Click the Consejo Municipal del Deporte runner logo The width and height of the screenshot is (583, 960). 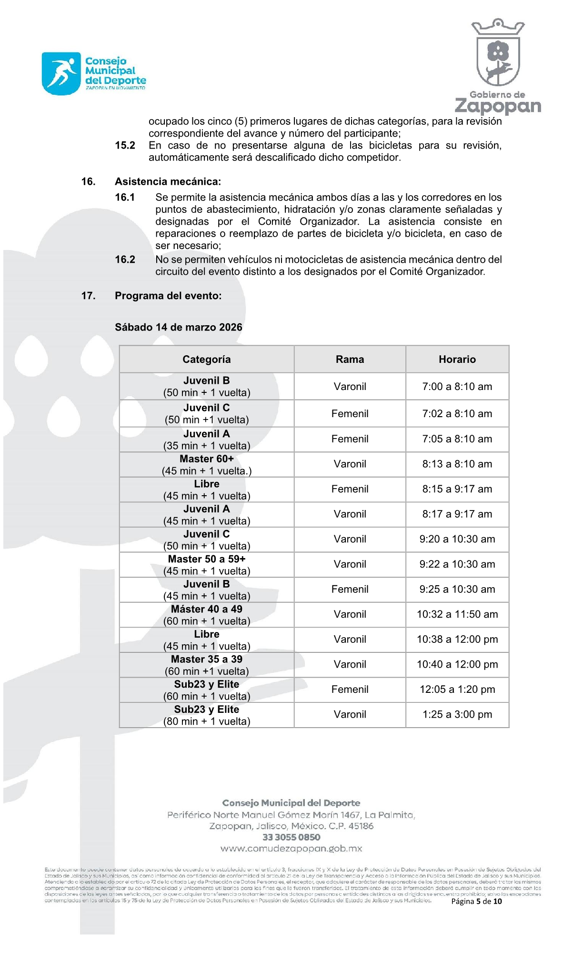point(61,74)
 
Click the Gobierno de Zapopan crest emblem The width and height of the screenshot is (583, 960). point(498,53)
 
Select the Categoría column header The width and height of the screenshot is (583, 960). point(206,360)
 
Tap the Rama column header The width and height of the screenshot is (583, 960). point(350,360)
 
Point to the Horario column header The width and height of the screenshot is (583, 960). point(457,360)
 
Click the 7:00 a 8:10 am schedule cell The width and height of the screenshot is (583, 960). point(457,387)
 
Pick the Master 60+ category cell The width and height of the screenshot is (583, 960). point(206,465)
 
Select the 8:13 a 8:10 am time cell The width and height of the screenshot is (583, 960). point(457,464)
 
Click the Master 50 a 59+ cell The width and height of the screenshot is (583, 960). point(206,565)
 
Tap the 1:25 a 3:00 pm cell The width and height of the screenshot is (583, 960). point(457,714)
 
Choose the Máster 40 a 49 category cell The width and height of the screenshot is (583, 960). point(206,615)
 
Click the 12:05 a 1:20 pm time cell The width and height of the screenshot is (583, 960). point(457,690)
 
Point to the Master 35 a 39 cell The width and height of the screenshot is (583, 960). point(206,665)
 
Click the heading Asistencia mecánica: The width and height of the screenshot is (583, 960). point(168,181)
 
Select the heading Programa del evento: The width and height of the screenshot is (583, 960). point(168,296)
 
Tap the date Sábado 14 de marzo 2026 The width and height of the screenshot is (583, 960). point(178,327)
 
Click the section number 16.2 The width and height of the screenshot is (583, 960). point(125,260)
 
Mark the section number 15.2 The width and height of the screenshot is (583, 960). point(125,145)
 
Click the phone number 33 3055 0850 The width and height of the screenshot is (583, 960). point(291,837)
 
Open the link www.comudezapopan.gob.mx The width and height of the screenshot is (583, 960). point(291,849)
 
